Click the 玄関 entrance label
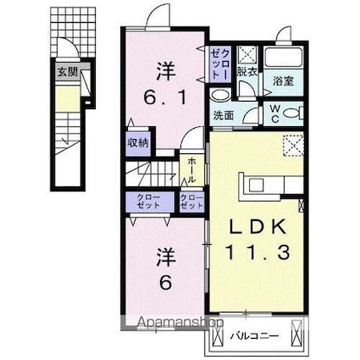(x=67, y=73)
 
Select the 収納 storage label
(x=138, y=142)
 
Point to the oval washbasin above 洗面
(x=219, y=96)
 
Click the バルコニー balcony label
(x=253, y=337)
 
